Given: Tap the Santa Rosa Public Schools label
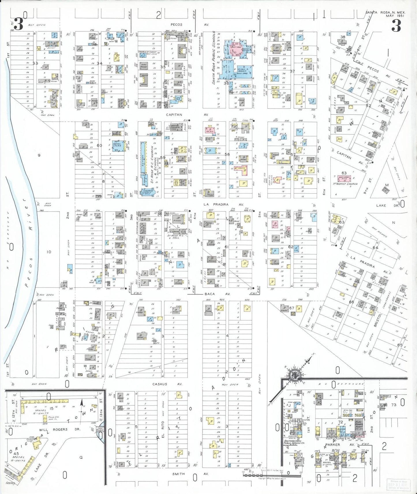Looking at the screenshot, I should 214,58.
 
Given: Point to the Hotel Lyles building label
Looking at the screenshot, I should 117,145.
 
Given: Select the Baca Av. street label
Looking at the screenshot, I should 217,294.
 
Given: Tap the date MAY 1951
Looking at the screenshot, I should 395,16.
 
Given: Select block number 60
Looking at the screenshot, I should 99,145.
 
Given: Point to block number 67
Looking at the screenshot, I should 292,308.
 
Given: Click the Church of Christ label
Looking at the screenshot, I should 147,53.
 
